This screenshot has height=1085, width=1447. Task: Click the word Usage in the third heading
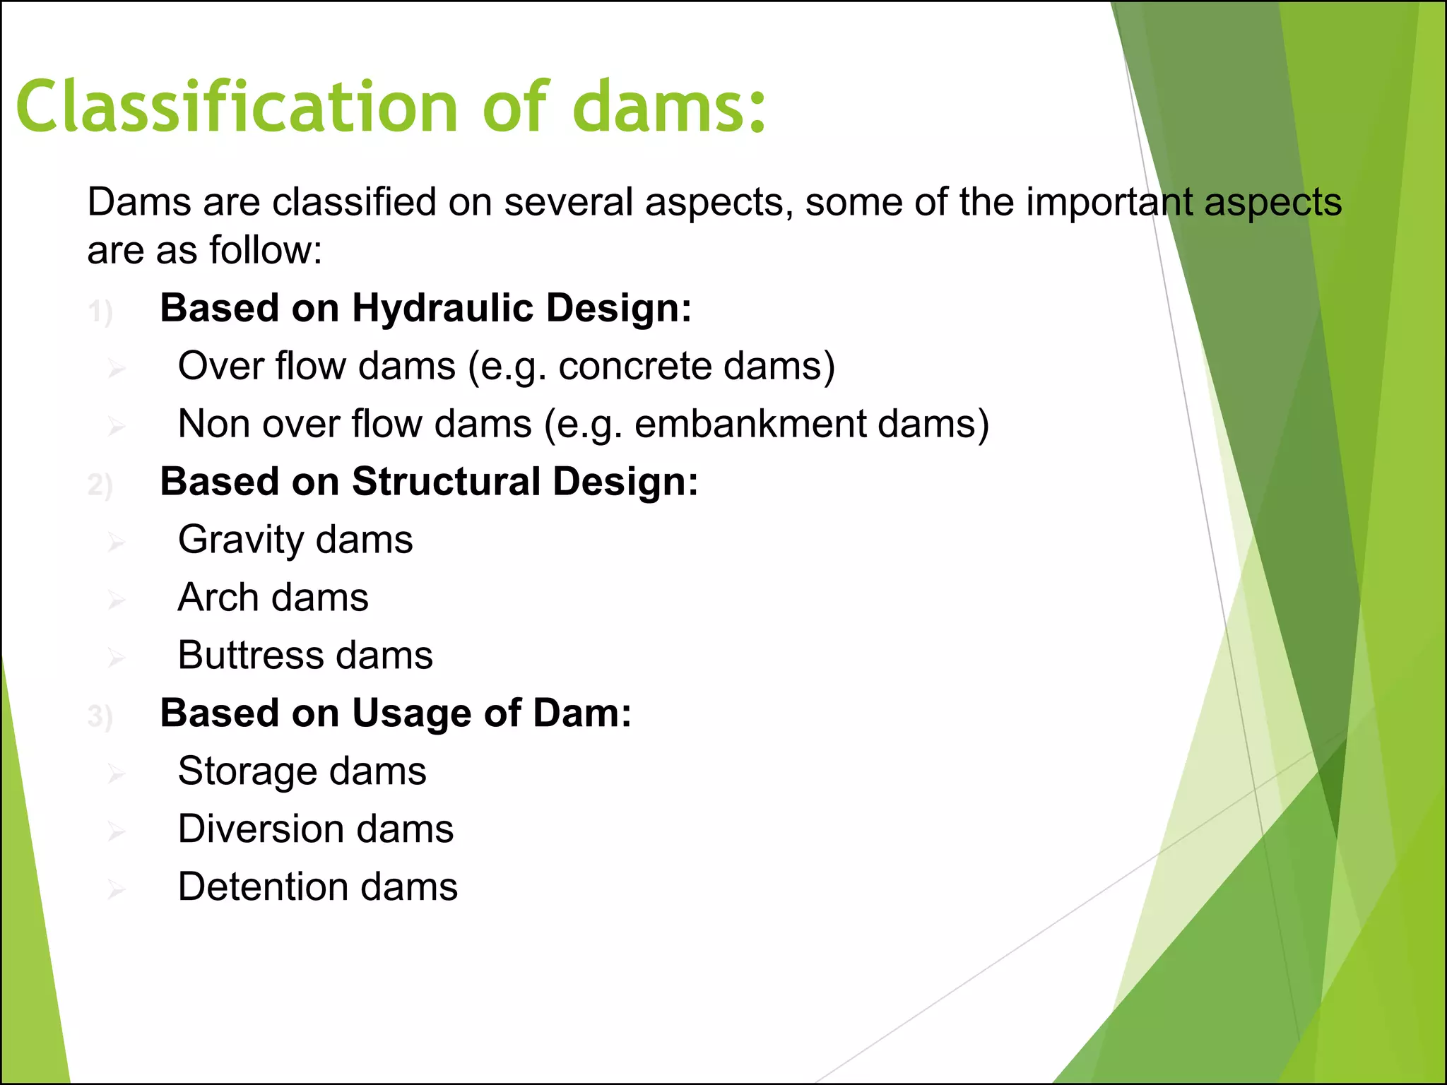[x=412, y=713]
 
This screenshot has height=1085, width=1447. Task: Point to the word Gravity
[x=241, y=540]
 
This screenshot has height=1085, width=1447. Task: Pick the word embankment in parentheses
[x=750, y=425]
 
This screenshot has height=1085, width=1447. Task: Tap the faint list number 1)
[x=100, y=312]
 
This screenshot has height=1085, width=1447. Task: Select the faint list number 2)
[x=100, y=485]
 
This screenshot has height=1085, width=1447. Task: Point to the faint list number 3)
[x=100, y=716]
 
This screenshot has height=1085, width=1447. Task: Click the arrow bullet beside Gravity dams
[x=117, y=542]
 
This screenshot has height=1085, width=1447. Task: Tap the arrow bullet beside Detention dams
[x=117, y=889]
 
